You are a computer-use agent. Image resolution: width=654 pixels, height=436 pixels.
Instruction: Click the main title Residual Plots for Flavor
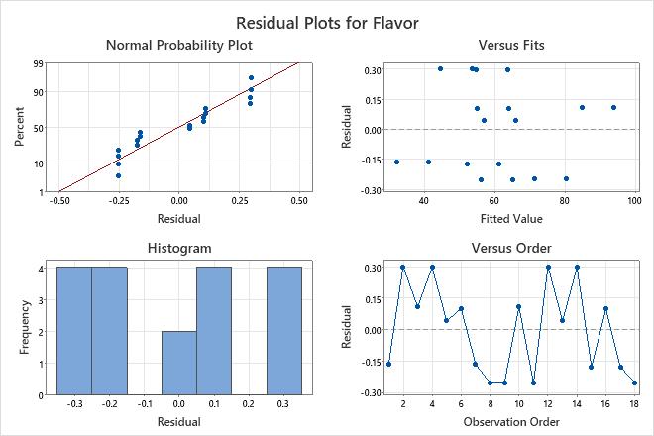[x=327, y=21]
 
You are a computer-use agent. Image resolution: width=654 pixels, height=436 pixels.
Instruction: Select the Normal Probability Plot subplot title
[x=178, y=45]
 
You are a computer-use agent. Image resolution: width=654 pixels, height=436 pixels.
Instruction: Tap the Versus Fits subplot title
[x=511, y=45]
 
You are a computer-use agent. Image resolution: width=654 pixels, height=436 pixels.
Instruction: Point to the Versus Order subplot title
[x=511, y=248]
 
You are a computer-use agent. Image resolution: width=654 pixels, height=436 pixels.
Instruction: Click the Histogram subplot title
[x=178, y=248]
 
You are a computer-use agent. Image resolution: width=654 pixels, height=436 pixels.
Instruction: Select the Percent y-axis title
[x=19, y=128]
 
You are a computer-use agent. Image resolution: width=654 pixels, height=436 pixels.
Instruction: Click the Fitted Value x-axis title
[x=511, y=218]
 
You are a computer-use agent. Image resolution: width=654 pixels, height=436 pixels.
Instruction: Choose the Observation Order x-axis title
[x=511, y=422]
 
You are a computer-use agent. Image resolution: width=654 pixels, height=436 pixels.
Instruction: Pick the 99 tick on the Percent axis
[x=37, y=63]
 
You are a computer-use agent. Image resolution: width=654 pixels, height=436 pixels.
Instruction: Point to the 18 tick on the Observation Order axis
[x=634, y=405]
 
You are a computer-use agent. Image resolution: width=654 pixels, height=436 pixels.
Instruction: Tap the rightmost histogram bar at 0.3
[x=283, y=331]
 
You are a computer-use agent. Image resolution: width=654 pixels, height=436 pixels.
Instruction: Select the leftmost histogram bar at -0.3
[x=74, y=331]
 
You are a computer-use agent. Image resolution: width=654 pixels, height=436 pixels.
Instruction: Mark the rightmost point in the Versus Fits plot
[x=613, y=107]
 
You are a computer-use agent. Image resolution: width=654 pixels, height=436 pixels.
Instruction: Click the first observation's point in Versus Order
[x=388, y=364]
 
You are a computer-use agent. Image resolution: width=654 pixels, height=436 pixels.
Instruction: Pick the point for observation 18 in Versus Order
[x=634, y=382]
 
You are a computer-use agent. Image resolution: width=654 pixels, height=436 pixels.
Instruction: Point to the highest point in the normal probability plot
[x=251, y=77]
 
